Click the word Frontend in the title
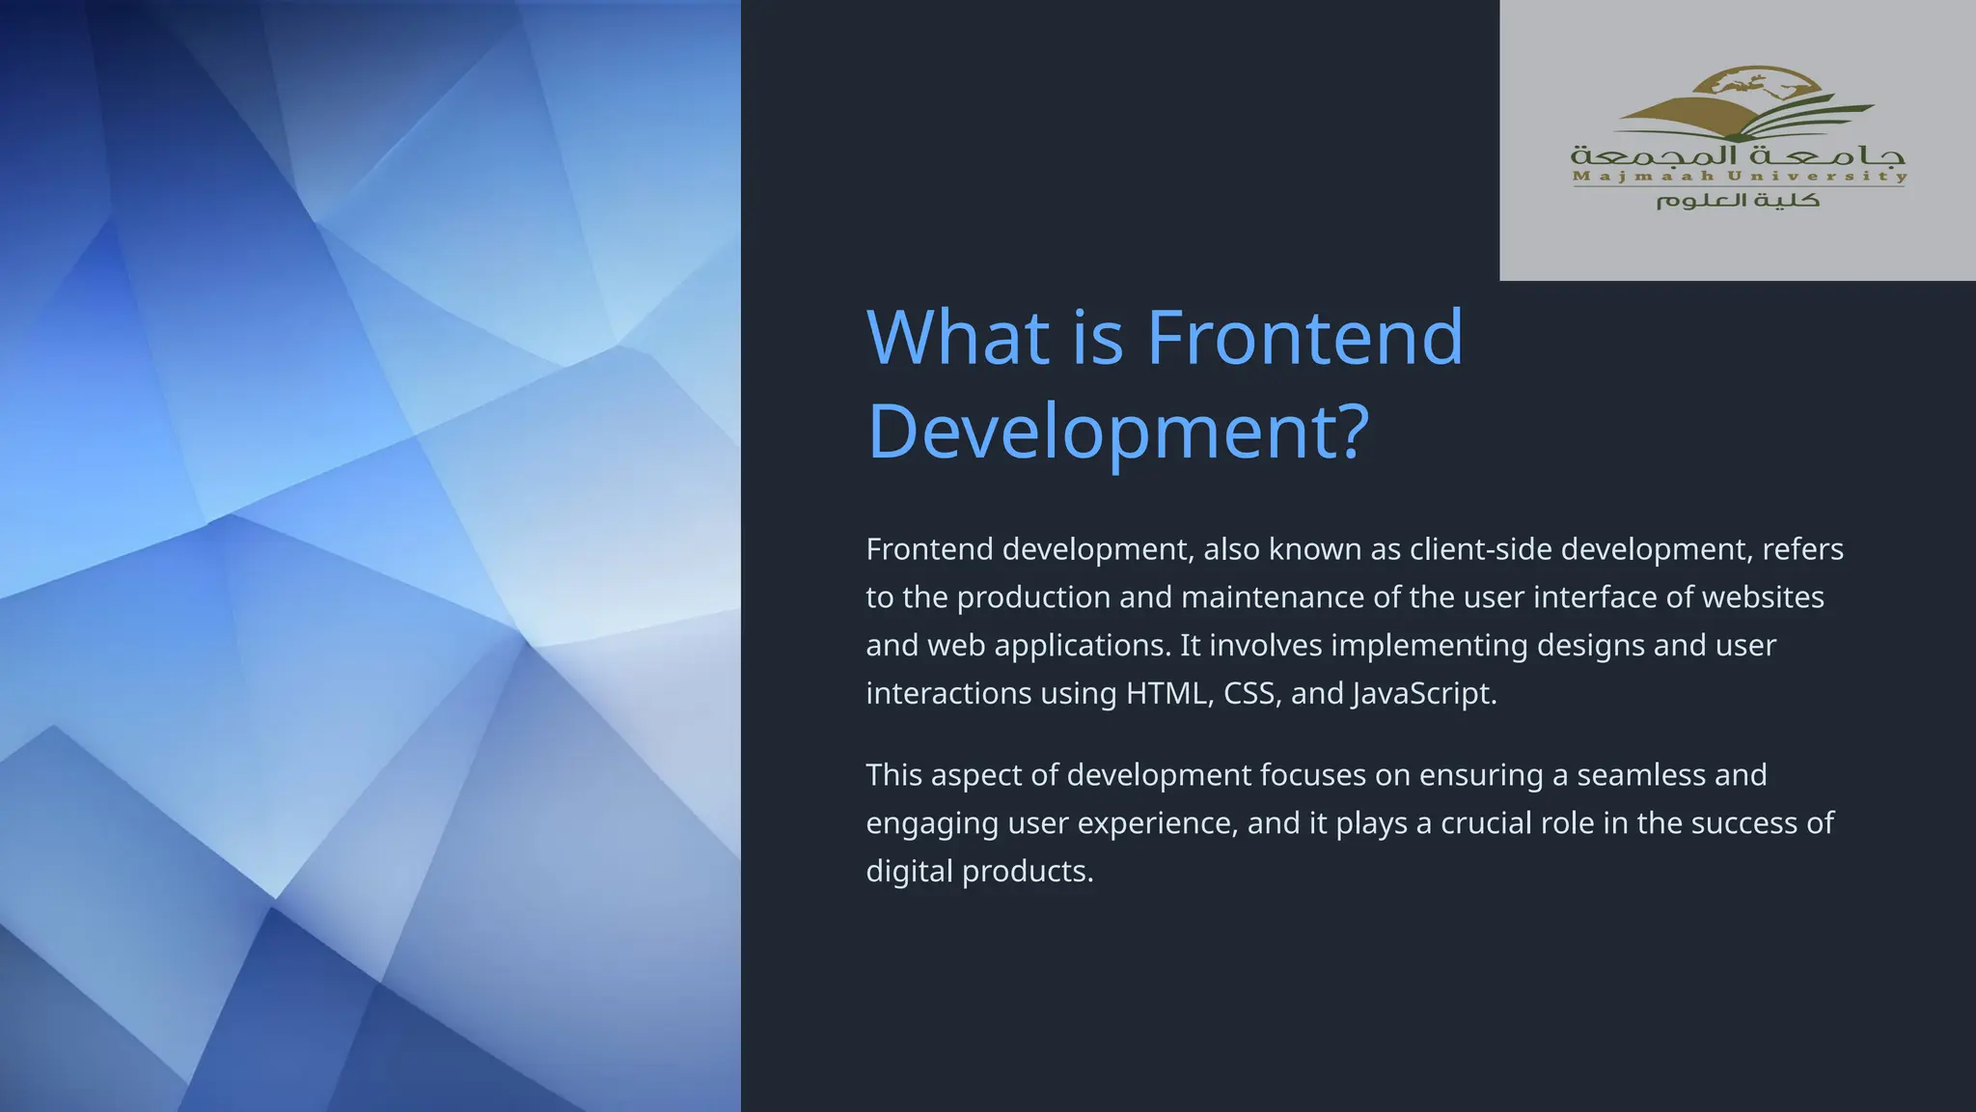point(1304,338)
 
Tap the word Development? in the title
point(1117,431)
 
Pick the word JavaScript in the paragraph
point(1423,694)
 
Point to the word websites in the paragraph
point(1763,598)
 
